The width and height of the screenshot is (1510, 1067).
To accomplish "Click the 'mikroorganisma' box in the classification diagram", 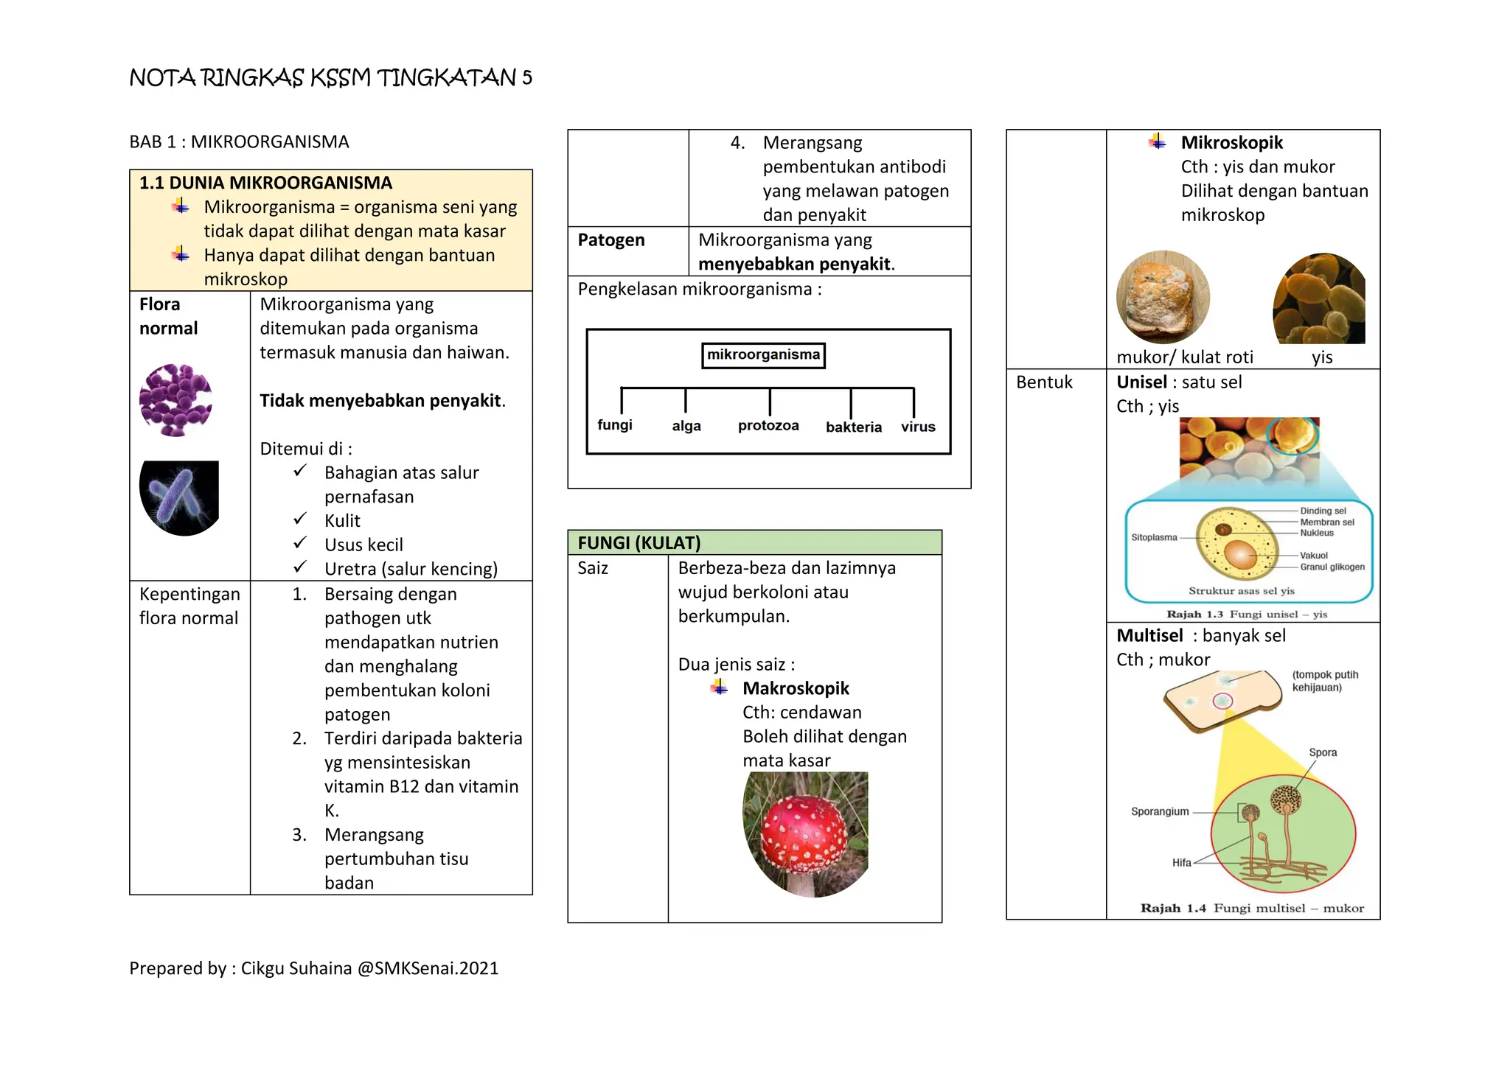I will (763, 355).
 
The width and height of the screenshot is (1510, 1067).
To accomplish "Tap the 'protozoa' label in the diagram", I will (768, 426).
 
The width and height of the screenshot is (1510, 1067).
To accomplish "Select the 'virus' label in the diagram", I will (918, 427).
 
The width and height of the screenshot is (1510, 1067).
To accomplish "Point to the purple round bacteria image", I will (175, 400).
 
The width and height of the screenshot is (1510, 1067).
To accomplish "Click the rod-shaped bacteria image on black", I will (178, 497).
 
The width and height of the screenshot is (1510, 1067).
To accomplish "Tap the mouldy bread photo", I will (1163, 297).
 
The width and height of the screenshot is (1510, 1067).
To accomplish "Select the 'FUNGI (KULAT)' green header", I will (754, 542).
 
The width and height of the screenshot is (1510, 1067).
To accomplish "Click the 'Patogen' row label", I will (611, 240).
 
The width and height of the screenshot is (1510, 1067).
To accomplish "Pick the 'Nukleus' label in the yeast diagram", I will (1317, 533).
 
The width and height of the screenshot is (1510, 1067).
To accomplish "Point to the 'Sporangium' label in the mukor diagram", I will (1160, 811).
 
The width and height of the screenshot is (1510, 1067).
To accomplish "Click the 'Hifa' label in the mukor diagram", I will (1181, 862).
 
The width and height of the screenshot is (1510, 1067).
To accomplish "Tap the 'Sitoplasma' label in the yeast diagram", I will (1154, 537).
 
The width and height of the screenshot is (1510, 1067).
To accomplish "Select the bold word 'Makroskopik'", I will (796, 688).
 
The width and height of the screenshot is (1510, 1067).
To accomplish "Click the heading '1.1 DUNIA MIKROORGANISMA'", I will (265, 183).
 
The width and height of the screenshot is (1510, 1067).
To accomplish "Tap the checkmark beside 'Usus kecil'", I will (300, 543).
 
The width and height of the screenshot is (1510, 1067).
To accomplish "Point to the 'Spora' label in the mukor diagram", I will (1323, 752).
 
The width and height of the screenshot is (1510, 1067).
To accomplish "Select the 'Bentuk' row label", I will (1044, 382).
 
